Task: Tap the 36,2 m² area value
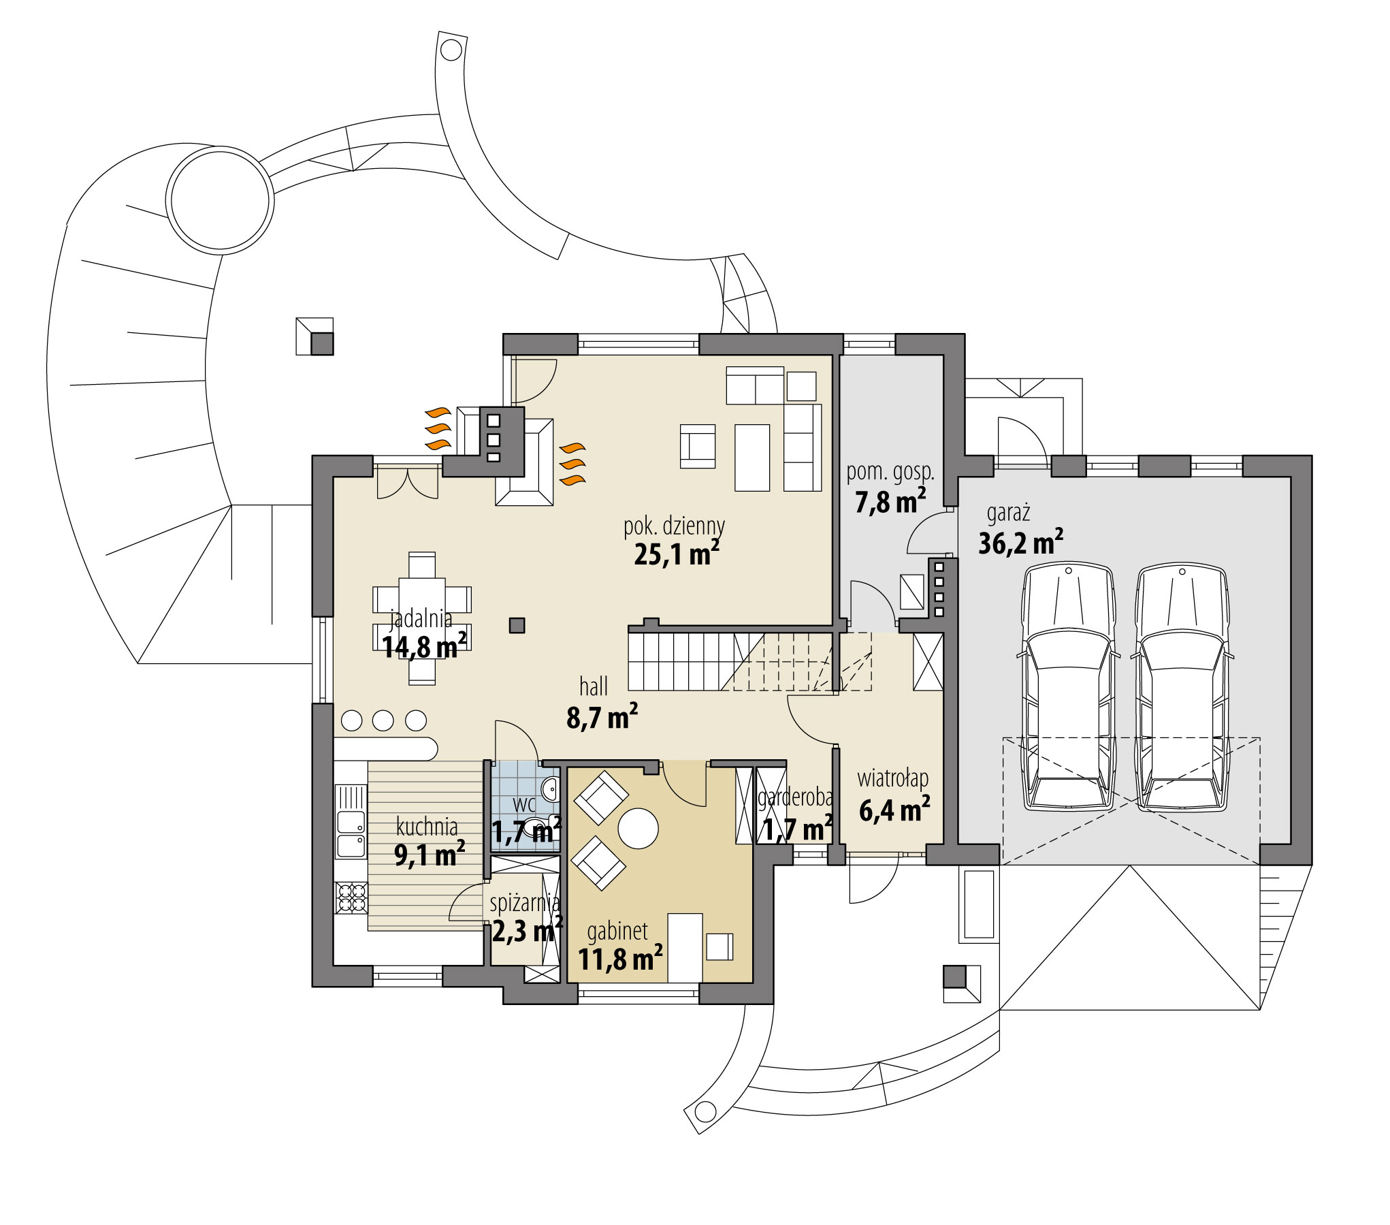pyautogui.click(x=1020, y=543)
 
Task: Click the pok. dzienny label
pyautogui.click(x=674, y=526)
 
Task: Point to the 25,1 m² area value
pyautogui.click(x=676, y=554)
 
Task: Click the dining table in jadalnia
pyautogui.click(x=422, y=618)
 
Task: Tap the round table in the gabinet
pyautogui.click(x=638, y=828)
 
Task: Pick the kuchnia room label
pyautogui.click(x=427, y=827)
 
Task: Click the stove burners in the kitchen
pyautogui.click(x=351, y=897)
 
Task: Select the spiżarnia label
pyautogui.click(x=525, y=904)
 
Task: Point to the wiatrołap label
pyautogui.click(x=892, y=778)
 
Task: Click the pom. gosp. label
pyautogui.click(x=890, y=471)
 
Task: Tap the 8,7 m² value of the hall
pyautogui.click(x=602, y=718)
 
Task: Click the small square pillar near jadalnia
pyautogui.click(x=517, y=624)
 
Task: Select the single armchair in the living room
pyautogui.click(x=698, y=447)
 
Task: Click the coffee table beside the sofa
pyautogui.click(x=752, y=457)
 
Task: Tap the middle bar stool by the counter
pyautogui.click(x=383, y=720)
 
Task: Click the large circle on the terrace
pyautogui.click(x=221, y=200)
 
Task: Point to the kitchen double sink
pyautogui.click(x=351, y=834)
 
